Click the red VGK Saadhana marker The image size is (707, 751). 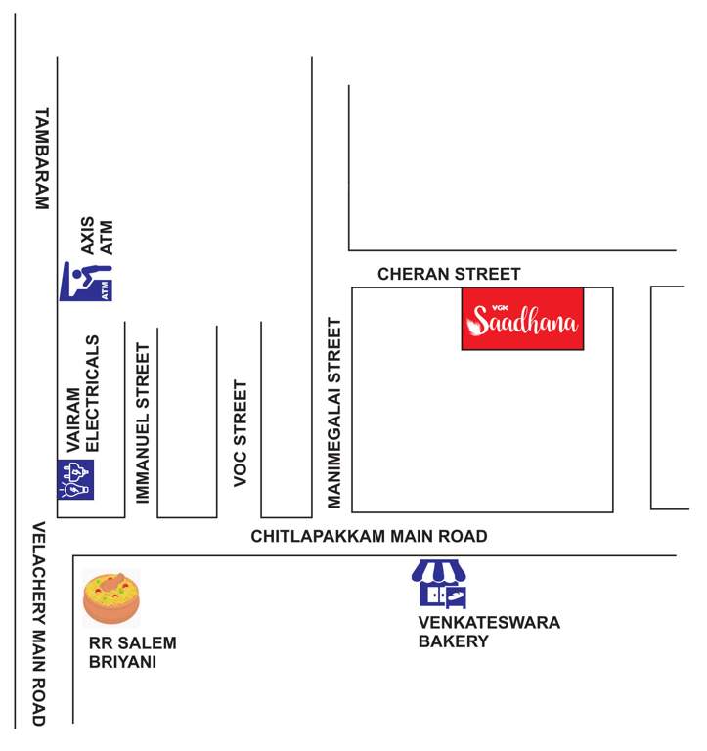point(522,319)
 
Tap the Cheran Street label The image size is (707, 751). point(450,275)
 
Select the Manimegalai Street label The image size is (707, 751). point(334,413)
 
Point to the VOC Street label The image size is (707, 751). point(241,432)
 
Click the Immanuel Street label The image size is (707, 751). point(143,422)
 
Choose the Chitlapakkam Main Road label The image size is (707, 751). point(369,537)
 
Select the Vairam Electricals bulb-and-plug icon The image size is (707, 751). point(76,479)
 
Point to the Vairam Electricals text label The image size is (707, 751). point(82,393)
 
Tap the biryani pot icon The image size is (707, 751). point(111,598)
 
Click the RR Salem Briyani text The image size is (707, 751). point(133,652)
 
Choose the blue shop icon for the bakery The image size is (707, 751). point(439,584)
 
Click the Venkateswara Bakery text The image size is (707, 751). point(489,632)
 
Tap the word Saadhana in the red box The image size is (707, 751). point(524,322)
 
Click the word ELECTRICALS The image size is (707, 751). point(94,393)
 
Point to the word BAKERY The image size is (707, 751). point(453,641)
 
